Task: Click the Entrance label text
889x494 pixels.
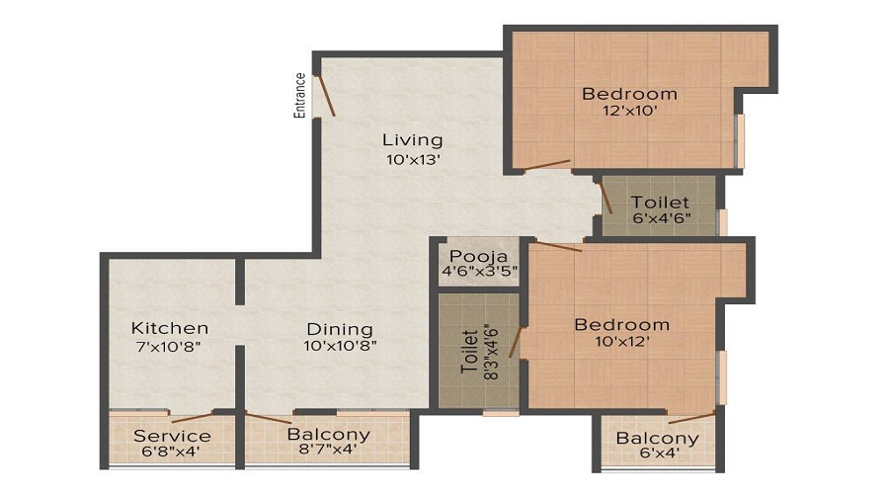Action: (299, 95)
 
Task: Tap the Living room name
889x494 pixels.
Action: (413, 139)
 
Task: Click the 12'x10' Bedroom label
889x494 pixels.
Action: (629, 94)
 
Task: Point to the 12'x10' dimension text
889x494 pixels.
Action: (629, 112)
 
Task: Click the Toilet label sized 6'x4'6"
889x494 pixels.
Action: (660, 203)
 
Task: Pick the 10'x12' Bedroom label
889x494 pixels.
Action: (622, 324)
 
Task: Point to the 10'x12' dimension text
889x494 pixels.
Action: (622, 342)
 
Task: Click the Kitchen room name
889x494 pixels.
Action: (170, 328)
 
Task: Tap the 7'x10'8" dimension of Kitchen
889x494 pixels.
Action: (170, 346)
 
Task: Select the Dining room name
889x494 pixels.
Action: (339, 329)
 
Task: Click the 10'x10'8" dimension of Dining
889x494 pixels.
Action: (339, 346)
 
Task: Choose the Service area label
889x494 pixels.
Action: (172, 436)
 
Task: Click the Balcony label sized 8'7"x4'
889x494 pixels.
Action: (328, 434)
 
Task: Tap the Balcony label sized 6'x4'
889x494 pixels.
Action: (657, 439)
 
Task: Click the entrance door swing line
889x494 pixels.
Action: (325, 96)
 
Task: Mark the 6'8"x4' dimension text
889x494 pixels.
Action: (172, 452)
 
